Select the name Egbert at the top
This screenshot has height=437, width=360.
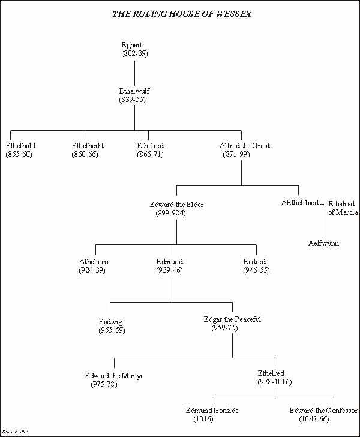132,46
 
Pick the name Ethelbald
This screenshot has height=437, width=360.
20,146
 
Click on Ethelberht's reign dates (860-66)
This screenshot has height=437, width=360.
84,154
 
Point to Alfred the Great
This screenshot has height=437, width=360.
245,146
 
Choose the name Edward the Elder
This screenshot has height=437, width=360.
176,205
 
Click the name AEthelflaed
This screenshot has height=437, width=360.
300,203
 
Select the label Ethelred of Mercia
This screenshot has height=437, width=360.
343,208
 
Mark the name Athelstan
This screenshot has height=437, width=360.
94,262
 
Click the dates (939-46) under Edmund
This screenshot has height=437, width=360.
169,271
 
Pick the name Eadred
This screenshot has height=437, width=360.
254,262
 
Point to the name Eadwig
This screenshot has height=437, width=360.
112,322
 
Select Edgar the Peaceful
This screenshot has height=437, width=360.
232,319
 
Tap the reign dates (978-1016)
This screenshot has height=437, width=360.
275,381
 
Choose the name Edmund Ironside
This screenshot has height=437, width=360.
212,411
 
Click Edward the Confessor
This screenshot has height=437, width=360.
323,411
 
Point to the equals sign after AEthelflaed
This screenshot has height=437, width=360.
322,204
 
